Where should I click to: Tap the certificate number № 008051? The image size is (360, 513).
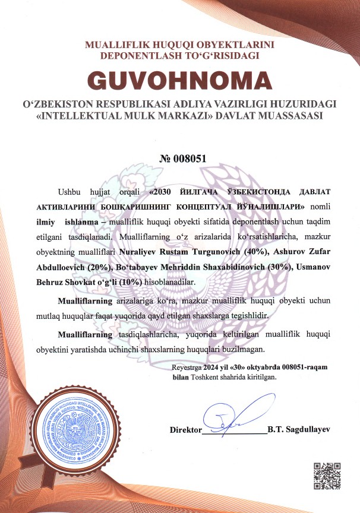pos(179,159)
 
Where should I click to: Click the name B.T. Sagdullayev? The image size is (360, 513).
pos(298,429)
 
